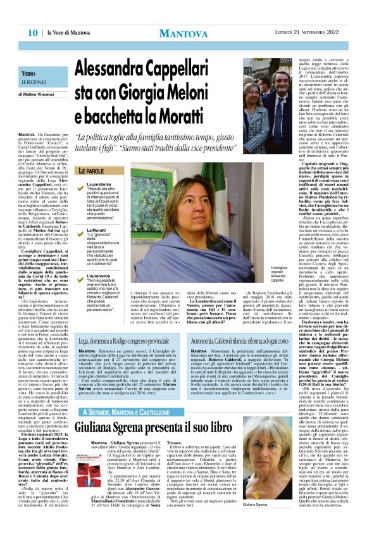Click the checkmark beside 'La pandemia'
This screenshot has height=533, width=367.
[x=80, y=184]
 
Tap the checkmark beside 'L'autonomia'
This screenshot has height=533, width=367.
[x=80, y=260]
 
